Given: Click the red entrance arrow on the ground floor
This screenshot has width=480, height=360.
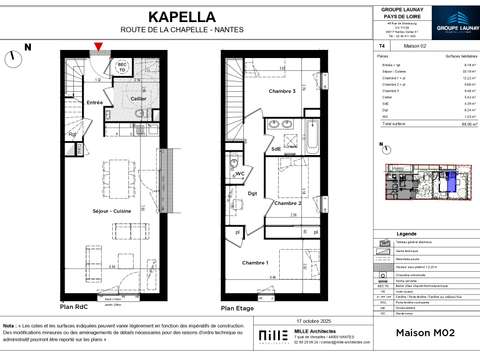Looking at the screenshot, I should [97, 46].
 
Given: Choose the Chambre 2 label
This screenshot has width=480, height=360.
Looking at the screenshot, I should [290, 203].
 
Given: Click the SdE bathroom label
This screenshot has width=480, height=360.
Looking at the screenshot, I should [274, 149].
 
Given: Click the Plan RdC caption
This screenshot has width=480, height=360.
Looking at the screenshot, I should [76, 308].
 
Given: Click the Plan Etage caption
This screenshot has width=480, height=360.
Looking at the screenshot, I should [236, 308].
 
